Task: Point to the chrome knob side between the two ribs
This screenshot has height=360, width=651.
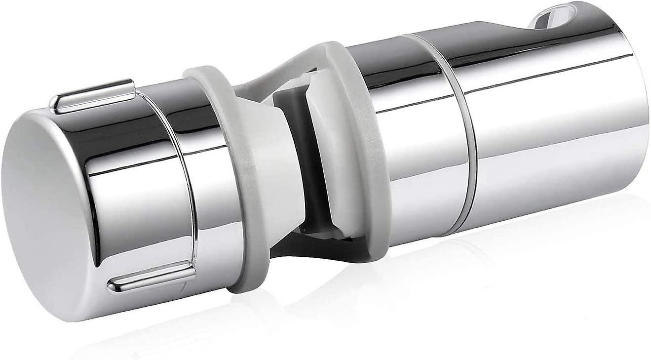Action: pos(138,188)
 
